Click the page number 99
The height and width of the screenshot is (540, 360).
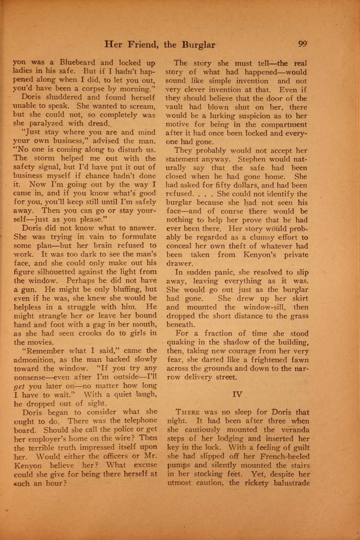[302, 44]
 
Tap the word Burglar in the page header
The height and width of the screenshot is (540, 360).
[198, 45]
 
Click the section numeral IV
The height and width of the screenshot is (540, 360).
[238, 394]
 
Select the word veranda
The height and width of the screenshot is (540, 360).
[294, 429]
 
